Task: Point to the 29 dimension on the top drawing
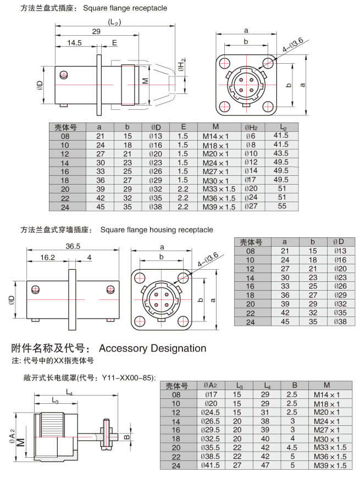(96, 32)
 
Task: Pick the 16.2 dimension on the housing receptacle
(48, 257)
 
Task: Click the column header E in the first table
(183, 126)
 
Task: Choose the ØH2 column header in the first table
(251, 127)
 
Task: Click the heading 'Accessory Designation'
(152, 348)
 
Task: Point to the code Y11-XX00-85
(128, 377)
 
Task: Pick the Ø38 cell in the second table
(339, 322)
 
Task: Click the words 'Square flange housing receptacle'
(157, 230)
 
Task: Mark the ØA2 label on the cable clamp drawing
(13, 434)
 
